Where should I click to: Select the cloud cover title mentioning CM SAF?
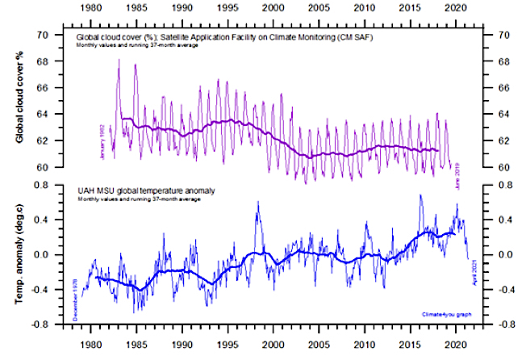[x=211, y=37]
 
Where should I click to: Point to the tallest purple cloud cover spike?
[x=119, y=60]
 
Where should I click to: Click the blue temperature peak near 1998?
[x=257, y=203]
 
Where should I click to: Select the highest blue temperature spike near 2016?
[x=420, y=195]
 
